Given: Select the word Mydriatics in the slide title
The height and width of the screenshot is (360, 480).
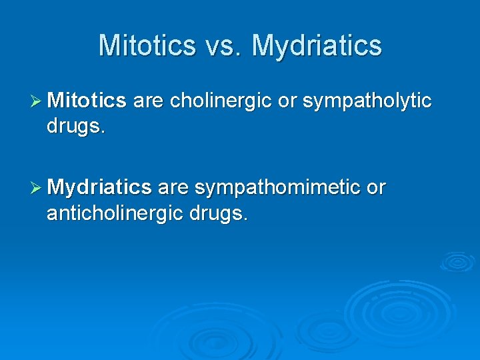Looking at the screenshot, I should (x=317, y=46).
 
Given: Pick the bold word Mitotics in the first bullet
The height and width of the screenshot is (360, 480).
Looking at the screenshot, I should (x=87, y=101).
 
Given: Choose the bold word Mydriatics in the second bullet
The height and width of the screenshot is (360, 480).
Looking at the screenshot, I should (x=99, y=188).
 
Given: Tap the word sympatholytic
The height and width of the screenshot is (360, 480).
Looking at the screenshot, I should (x=367, y=101).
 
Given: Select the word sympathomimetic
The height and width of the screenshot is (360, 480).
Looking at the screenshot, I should (x=277, y=188).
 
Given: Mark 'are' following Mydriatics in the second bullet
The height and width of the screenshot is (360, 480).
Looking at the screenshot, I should (x=173, y=188).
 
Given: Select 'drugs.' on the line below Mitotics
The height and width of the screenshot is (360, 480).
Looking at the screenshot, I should (x=76, y=127).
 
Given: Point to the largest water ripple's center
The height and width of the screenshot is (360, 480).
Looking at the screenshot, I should (x=397, y=309).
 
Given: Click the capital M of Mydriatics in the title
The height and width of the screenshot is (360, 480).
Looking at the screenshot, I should (x=263, y=46).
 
